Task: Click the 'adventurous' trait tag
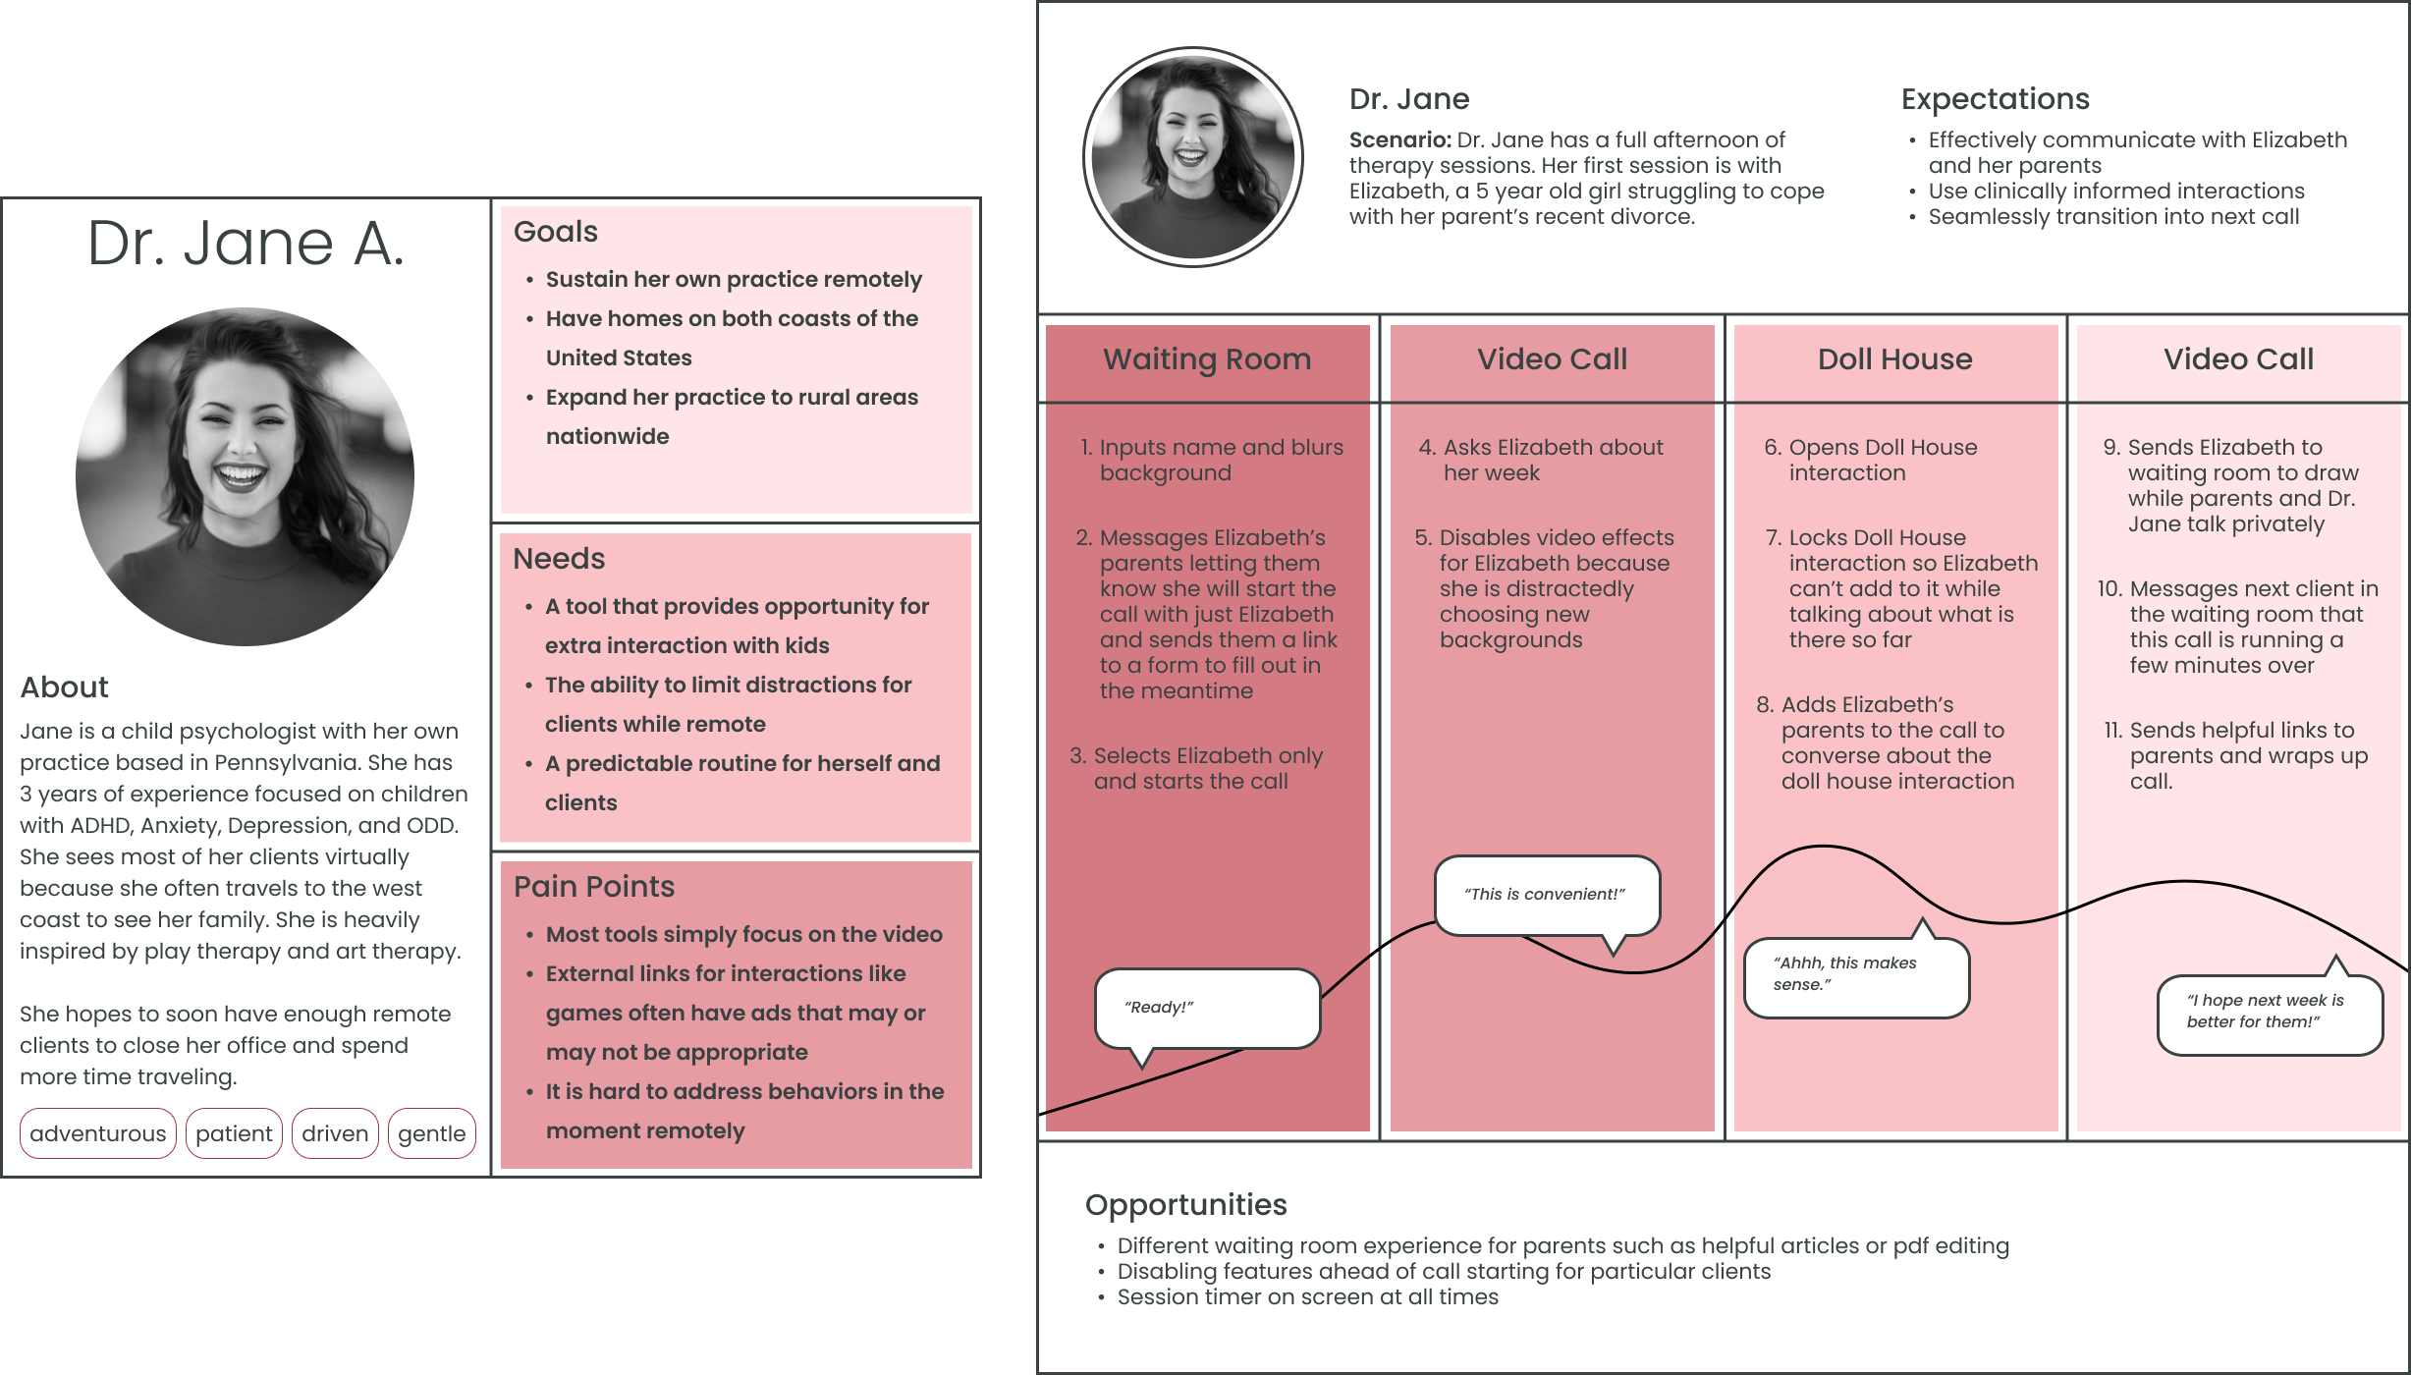pyautogui.click(x=97, y=1133)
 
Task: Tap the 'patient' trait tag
pyautogui.click(x=234, y=1133)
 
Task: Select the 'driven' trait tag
pyautogui.click(x=335, y=1133)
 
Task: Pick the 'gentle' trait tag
pyautogui.click(x=431, y=1133)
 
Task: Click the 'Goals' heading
pyautogui.click(x=556, y=232)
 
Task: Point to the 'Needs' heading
pyautogui.click(x=559, y=559)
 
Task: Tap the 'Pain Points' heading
pyautogui.click(x=594, y=887)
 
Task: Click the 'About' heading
pyautogui.click(x=65, y=687)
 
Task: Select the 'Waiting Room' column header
pyautogui.click(x=1207, y=359)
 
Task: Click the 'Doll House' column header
pyautogui.click(x=1894, y=359)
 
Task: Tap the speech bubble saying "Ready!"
pyautogui.click(x=1207, y=1009)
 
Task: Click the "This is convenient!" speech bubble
pyautogui.click(x=1546, y=895)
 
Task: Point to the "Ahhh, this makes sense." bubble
pyautogui.click(x=1855, y=975)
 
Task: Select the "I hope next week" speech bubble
pyautogui.click(x=2269, y=1013)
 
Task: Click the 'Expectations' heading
pyautogui.click(x=1995, y=99)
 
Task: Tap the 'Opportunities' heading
pyautogui.click(x=1185, y=1205)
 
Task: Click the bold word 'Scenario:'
pyautogui.click(x=1399, y=140)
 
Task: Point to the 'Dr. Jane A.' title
pyautogui.click(x=246, y=244)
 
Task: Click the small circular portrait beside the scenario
pyautogui.click(x=1192, y=157)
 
